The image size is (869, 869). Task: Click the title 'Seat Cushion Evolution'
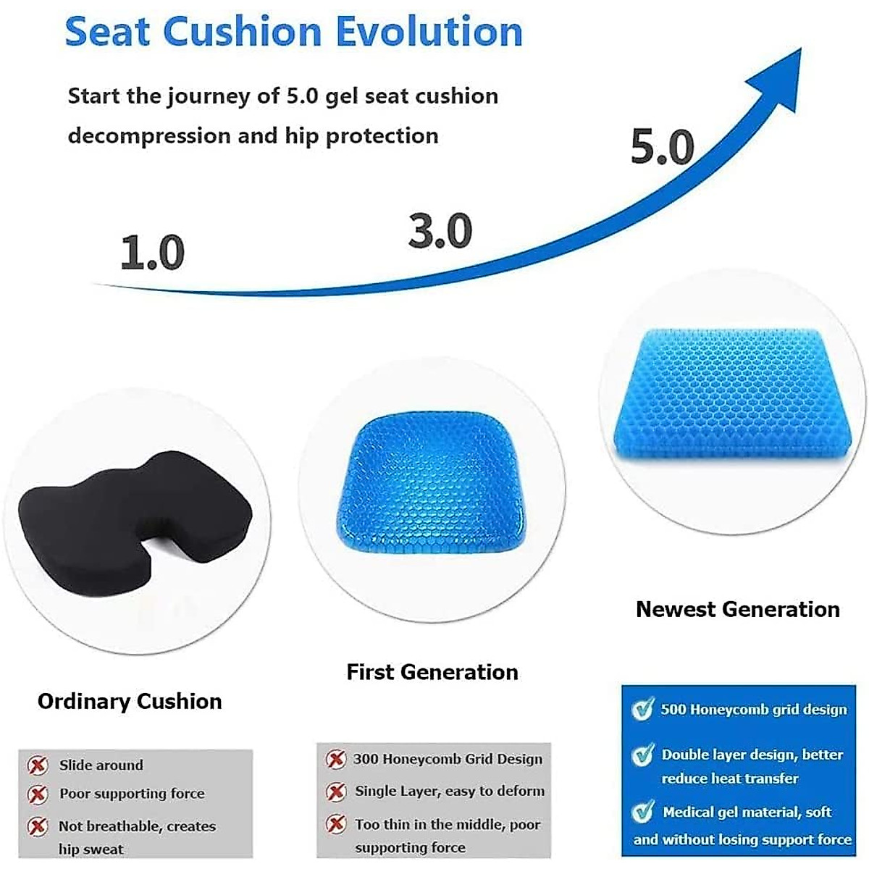click(x=293, y=32)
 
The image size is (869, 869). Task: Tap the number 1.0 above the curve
click(x=152, y=253)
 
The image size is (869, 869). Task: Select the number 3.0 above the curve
click(x=440, y=231)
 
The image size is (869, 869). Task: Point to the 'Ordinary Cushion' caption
click(x=130, y=701)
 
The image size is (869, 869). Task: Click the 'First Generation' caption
click(x=432, y=672)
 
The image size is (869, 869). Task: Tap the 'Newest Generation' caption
click(x=737, y=609)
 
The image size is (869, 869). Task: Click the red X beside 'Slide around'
click(x=38, y=765)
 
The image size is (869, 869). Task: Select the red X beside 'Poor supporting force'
click(x=38, y=794)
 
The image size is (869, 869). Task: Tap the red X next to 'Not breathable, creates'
click(x=38, y=826)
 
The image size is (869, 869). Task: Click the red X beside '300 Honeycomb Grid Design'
click(x=335, y=759)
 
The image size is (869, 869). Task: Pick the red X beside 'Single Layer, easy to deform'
click(x=335, y=792)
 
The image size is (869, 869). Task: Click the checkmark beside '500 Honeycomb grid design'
click(x=642, y=709)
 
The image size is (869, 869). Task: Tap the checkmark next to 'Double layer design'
click(x=642, y=755)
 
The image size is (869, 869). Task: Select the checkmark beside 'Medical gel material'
click(x=642, y=812)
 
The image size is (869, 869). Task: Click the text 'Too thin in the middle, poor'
click(x=448, y=824)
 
